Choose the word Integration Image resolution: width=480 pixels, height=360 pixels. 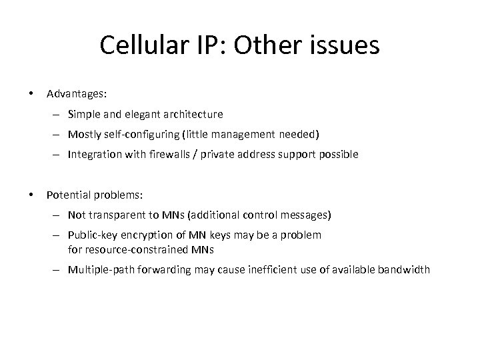pyautogui.click(x=93, y=155)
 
